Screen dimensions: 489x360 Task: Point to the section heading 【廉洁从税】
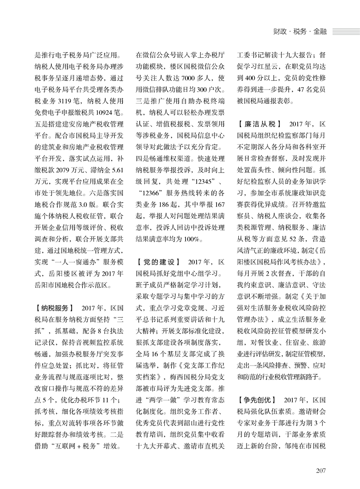pos(260,123)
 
